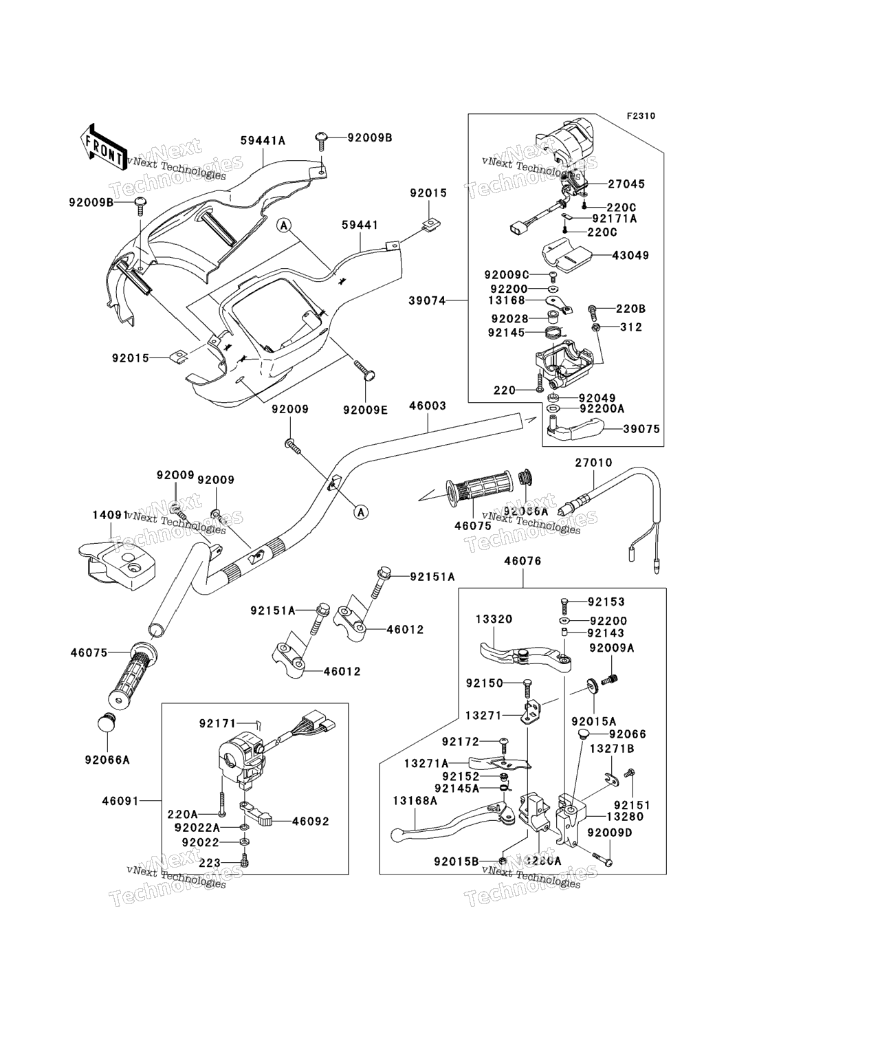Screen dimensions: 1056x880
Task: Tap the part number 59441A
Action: coord(263,141)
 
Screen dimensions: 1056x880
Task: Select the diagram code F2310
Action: coord(640,115)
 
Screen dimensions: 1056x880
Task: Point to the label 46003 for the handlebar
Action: coord(428,406)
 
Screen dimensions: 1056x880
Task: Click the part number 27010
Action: coord(593,463)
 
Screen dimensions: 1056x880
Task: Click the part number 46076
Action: coord(522,561)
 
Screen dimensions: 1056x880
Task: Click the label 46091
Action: coord(120,801)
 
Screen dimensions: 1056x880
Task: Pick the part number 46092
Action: coord(311,821)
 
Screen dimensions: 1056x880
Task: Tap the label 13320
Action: coord(494,619)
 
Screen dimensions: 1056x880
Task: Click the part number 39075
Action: coord(641,429)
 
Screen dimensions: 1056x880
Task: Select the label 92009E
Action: coord(365,410)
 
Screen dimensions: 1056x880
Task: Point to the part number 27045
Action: coord(626,184)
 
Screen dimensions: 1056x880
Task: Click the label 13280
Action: coord(625,817)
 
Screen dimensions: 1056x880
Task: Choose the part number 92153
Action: coord(606,602)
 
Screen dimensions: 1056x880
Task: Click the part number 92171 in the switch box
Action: coord(217,723)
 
